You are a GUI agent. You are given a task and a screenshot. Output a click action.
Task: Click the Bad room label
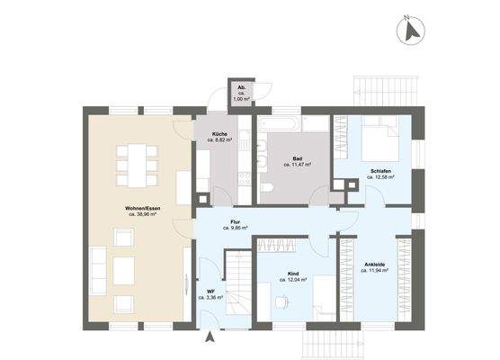click(x=297, y=158)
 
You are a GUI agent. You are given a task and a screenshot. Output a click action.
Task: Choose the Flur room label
click(x=236, y=221)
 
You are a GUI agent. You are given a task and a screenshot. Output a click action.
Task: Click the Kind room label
click(x=293, y=274)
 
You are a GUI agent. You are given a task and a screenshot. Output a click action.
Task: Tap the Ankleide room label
click(x=376, y=264)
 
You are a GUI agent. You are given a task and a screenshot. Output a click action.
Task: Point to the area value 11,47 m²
click(x=297, y=165)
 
